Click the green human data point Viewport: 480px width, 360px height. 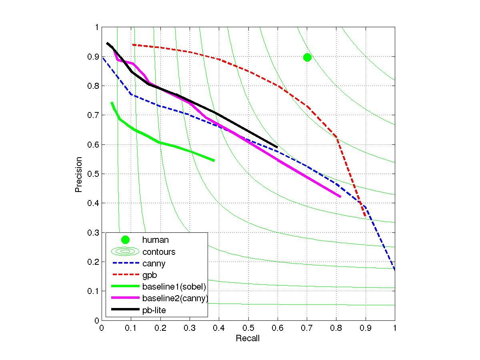tap(307, 57)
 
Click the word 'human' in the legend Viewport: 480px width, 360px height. tap(155, 240)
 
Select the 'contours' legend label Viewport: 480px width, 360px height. tap(158, 252)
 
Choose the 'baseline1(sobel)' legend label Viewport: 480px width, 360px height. tap(174, 286)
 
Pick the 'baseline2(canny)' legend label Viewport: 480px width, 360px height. tap(175, 298)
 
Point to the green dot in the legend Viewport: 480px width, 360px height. tap(125, 240)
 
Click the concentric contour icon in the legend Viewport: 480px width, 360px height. tap(125, 252)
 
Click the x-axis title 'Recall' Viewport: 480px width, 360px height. tap(248, 339)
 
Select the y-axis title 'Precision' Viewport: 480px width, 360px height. tap(79, 174)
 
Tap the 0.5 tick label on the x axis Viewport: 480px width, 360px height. tap(248, 328)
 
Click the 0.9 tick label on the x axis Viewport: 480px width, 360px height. tap(365, 328)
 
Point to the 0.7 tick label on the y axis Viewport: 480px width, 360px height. tap(94, 115)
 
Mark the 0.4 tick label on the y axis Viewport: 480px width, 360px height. tap(94, 203)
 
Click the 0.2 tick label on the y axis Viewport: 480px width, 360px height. tap(94, 262)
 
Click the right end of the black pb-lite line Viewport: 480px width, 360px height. tap(277, 147)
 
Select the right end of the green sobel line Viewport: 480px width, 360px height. tap(214, 160)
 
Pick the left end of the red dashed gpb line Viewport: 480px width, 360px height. tap(133, 45)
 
